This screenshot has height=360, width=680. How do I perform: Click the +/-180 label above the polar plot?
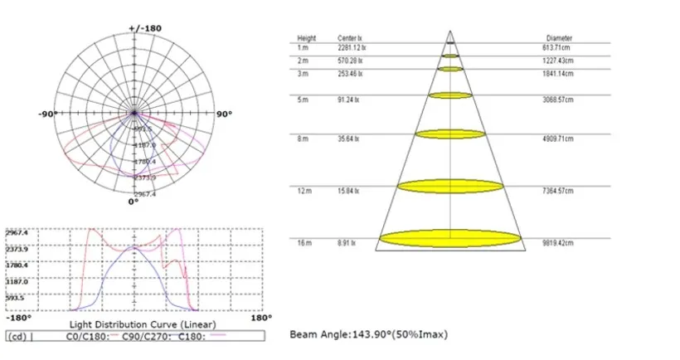[145, 27]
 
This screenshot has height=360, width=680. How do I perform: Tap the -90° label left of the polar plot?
[47, 114]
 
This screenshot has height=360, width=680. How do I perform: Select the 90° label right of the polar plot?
[223, 114]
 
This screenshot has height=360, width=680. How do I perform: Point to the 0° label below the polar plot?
[133, 202]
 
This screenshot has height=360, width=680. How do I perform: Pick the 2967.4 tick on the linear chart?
[17, 233]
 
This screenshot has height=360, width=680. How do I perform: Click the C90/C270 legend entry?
[138, 338]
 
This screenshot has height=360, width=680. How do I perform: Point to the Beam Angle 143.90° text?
[369, 334]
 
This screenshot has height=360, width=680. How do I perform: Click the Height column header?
[307, 38]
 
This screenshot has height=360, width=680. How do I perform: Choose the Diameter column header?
[559, 38]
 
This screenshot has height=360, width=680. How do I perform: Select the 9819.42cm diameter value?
[560, 243]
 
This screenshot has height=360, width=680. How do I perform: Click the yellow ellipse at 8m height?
[449, 134]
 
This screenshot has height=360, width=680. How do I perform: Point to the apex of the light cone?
[450, 32]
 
